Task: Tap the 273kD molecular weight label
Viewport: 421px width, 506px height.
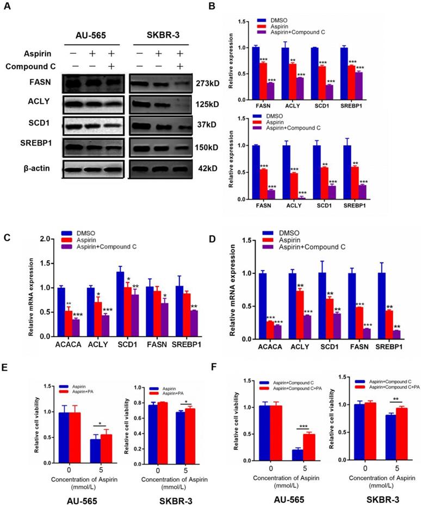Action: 206,84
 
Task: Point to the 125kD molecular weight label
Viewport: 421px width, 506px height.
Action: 206,104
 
